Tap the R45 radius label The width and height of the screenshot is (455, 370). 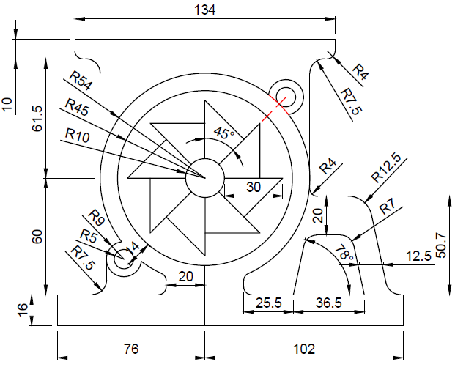coord(76,106)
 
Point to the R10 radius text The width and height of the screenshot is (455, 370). coord(78,134)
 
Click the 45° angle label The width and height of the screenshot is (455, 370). coord(223,133)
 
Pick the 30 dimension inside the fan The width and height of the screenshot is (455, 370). coord(253,187)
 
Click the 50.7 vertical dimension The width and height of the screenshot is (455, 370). coord(440,246)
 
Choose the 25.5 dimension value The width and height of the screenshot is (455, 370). coord(267,302)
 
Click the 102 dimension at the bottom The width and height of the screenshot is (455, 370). coord(303,349)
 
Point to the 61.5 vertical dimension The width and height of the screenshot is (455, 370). coord(37,118)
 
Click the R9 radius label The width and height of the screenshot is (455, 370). coord(97,218)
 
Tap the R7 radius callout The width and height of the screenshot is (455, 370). coord(387,208)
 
